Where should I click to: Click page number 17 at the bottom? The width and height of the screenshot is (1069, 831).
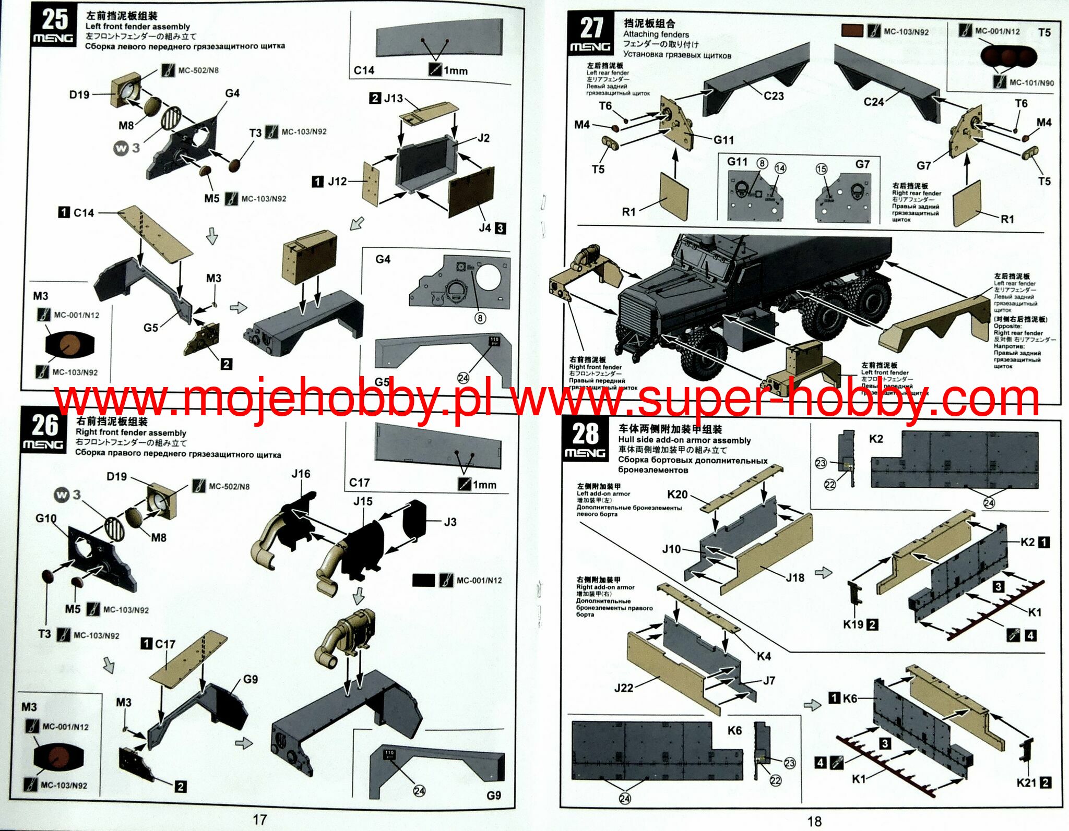(x=259, y=820)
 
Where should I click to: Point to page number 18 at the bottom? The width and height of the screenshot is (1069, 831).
(x=814, y=821)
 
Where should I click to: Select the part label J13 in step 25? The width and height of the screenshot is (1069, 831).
(x=393, y=98)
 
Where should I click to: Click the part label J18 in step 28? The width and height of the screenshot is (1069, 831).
(x=795, y=577)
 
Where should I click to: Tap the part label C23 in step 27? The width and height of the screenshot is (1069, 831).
(x=774, y=96)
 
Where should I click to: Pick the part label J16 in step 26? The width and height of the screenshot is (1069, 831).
(x=301, y=474)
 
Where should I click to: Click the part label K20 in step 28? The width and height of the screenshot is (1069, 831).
(x=677, y=495)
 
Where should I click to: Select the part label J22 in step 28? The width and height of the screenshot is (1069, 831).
(x=624, y=688)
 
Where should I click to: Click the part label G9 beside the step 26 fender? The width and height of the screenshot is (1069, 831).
(x=251, y=679)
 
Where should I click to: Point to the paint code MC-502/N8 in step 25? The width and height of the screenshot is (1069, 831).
(x=198, y=70)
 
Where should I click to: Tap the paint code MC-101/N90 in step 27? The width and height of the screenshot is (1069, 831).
(x=1031, y=82)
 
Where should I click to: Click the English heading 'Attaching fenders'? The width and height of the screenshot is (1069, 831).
(x=656, y=34)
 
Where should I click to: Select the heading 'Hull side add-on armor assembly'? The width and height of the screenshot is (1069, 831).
(x=684, y=440)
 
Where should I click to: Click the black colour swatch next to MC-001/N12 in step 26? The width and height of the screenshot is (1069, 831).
(x=423, y=580)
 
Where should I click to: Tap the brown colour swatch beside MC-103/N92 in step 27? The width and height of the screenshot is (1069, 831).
(x=852, y=31)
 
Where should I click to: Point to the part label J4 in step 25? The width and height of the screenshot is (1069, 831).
(x=485, y=228)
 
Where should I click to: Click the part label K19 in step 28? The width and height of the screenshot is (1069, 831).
(x=853, y=624)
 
